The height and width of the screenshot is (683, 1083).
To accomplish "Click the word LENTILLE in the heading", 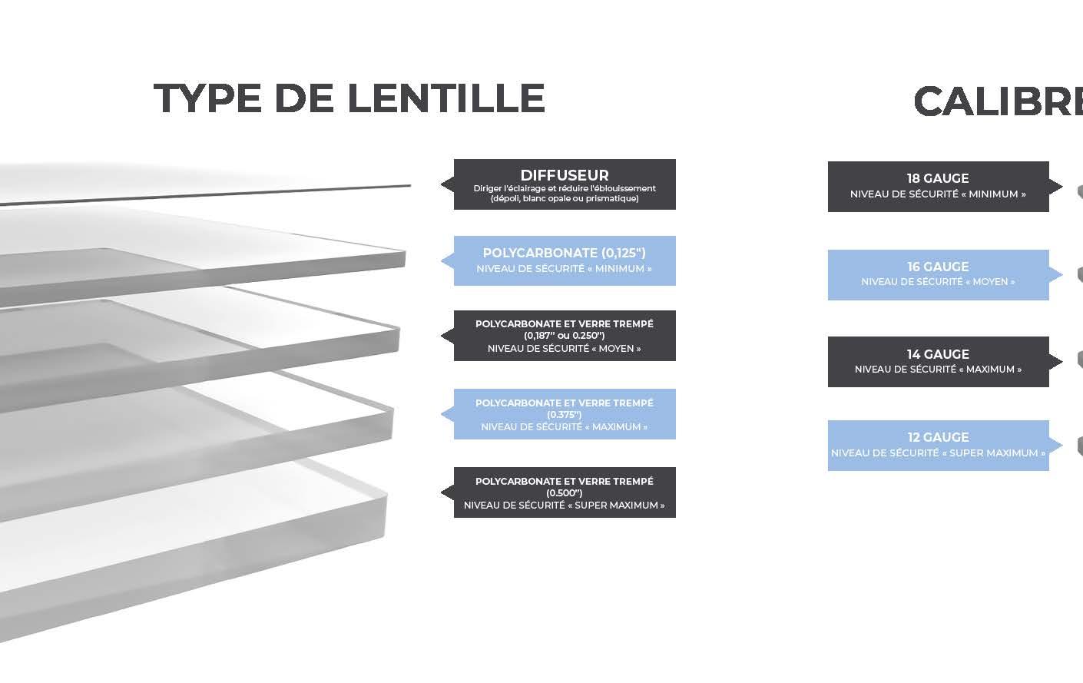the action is [445, 98].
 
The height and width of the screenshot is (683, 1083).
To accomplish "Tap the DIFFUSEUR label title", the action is [564, 175].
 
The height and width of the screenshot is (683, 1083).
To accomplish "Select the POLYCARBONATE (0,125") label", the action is [564, 253].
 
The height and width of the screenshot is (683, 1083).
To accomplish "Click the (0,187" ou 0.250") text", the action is [564, 336].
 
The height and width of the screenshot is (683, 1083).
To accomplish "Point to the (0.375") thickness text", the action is [564, 415].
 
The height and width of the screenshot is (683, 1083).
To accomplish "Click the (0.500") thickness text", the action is [564, 493].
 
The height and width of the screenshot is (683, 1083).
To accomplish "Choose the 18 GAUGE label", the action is [937, 178].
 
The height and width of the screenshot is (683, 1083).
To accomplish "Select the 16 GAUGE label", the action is [937, 267].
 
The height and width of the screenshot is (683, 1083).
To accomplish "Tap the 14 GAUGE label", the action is [937, 354].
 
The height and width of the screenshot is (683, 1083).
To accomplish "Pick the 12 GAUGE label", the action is [937, 437].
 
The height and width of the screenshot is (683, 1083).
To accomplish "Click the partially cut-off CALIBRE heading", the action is [997, 102].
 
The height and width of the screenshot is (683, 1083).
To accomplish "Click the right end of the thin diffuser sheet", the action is [409, 185].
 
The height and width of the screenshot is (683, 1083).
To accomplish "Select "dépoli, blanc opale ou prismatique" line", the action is [564, 199].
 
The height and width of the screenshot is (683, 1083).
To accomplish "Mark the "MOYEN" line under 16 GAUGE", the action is [937, 282].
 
